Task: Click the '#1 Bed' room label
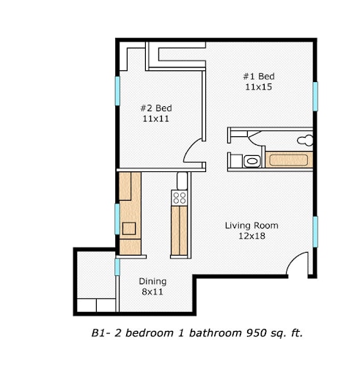tap(259, 76)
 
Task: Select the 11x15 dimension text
tap(259, 86)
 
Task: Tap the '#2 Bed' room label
tap(156, 108)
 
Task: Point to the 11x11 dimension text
tap(156, 118)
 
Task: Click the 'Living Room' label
tap(251, 226)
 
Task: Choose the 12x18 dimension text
tap(251, 236)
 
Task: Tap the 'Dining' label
tap(153, 281)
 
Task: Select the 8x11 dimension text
tap(153, 292)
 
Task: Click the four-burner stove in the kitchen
tap(180, 196)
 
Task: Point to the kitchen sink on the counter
tap(129, 228)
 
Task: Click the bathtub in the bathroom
tap(290, 160)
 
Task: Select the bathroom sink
tap(252, 161)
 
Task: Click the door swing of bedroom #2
tap(194, 152)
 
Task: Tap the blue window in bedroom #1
tap(315, 96)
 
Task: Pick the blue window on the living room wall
tap(315, 232)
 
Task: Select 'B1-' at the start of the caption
tap(100, 333)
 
